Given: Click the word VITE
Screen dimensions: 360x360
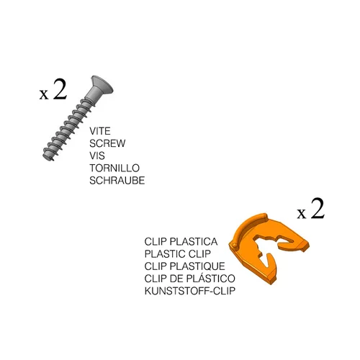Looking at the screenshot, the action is tap(100, 131).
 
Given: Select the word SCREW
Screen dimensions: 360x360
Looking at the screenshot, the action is tap(107, 143).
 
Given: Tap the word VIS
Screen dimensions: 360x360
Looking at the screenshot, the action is tap(97, 156).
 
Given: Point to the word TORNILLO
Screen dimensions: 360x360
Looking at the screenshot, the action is tap(114, 168).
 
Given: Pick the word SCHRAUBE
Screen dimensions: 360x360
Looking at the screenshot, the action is tap(117, 181).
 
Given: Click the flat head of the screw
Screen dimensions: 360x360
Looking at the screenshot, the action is tap(102, 85).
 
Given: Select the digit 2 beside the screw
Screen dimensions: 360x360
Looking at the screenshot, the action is tap(60, 89).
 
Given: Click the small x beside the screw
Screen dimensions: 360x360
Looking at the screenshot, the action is tap(44, 94).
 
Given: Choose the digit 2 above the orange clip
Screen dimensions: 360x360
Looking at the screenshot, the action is tap(318, 208).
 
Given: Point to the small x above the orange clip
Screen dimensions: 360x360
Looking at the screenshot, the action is tap(302, 213).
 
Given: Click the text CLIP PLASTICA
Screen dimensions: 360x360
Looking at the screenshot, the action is tap(181, 242).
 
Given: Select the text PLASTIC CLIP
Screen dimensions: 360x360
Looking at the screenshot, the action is tap(178, 254).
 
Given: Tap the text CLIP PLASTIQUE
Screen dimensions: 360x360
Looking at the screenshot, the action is tap(184, 266).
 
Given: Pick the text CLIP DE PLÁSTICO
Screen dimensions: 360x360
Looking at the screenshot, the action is tap(189, 279).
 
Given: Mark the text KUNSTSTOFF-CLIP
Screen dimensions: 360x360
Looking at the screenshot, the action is tap(190, 291).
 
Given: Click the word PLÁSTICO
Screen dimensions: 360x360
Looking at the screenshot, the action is tap(211, 279).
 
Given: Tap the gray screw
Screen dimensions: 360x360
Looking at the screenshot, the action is tap(76, 117).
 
